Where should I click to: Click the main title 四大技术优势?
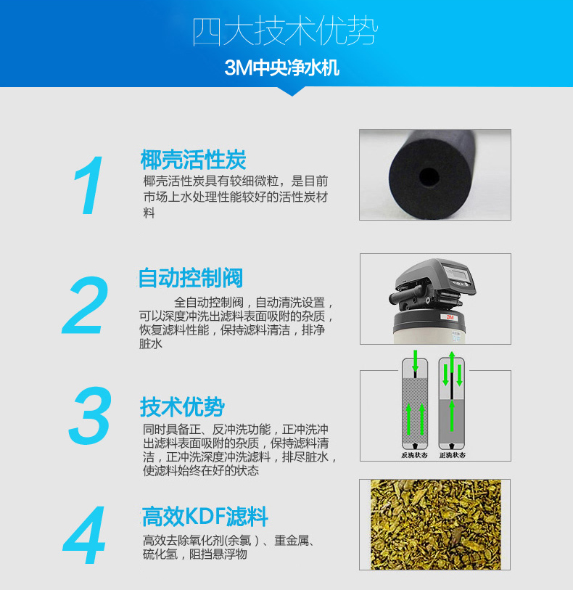tap(285, 32)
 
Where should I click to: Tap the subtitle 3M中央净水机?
tap(282, 68)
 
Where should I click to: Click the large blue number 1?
tap(89, 185)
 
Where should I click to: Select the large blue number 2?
tap(86, 305)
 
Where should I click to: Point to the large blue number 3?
tap(90, 415)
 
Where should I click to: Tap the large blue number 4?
tap(84, 535)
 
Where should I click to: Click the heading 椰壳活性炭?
tap(193, 160)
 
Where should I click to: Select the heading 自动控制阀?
tap(191, 278)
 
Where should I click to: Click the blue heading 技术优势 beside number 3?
tap(182, 406)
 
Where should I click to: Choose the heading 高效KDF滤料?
tap(205, 516)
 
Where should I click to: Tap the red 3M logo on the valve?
tap(450, 317)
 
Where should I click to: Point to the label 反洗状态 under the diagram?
tap(414, 455)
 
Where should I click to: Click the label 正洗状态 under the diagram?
tap(453, 455)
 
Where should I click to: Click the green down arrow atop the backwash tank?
tap(415, 361)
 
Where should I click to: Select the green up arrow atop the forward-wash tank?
tap(452, 361)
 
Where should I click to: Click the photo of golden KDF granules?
tap(436, 525)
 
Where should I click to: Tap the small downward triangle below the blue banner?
tap(292, 91)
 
